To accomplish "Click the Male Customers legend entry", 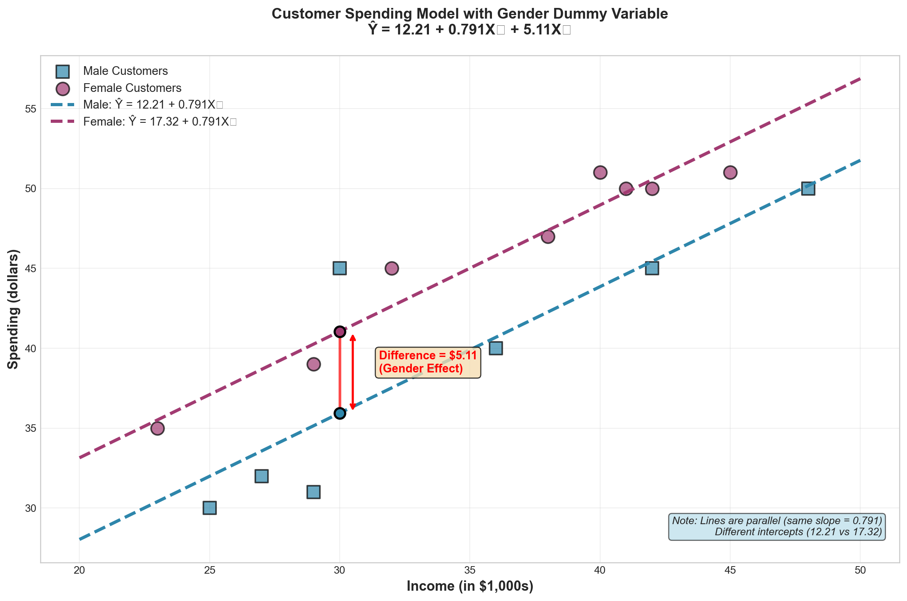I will pos(125,71).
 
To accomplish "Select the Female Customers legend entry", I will pos(132,88).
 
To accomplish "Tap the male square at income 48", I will pos(808,189).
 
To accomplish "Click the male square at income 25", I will pos(209,508).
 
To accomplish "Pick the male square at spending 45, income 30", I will pos(339,268).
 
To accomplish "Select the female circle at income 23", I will pos(157,428).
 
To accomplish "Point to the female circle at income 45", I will pos(730,172).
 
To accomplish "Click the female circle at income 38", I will pos(547,237).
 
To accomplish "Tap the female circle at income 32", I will pos(391,268).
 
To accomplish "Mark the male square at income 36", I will pos(496,348).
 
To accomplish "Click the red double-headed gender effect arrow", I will pos(352,372).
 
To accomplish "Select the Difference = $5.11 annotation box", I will pos(428,362).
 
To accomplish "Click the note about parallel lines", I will pos(777,527).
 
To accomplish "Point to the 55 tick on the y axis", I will pos(31,109).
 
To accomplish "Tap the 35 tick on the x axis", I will pos(470,570).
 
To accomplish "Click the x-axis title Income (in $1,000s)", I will pos(470,586).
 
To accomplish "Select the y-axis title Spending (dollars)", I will pos(13,309).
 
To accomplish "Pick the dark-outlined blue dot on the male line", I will pos(339,413).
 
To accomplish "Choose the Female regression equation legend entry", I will pos(159,122).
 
